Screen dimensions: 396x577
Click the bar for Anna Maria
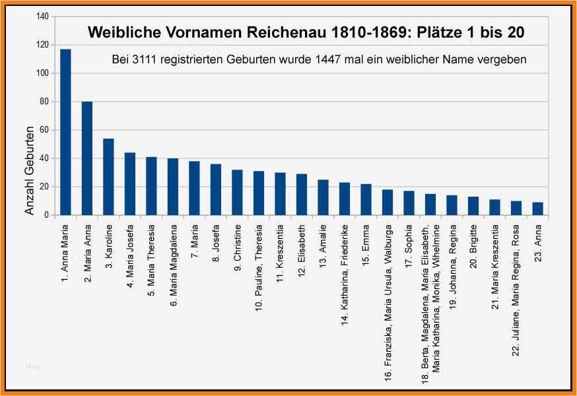pos(65,132)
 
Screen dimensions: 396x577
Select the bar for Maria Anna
pos(87,158)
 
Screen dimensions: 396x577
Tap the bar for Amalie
pos(323,197)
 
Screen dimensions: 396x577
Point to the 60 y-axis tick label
pos(42,130)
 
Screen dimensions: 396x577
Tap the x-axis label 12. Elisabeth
pos(301,251)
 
